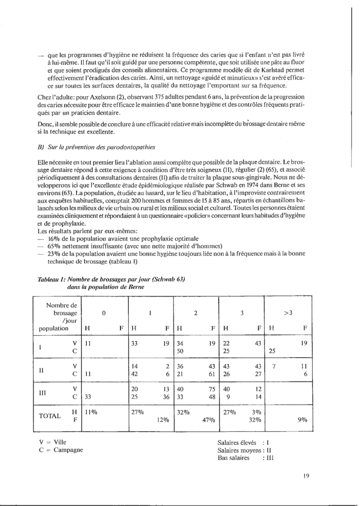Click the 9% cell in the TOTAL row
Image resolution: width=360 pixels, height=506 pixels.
point(302,421)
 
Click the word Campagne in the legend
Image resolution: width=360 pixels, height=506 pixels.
point(69,449)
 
